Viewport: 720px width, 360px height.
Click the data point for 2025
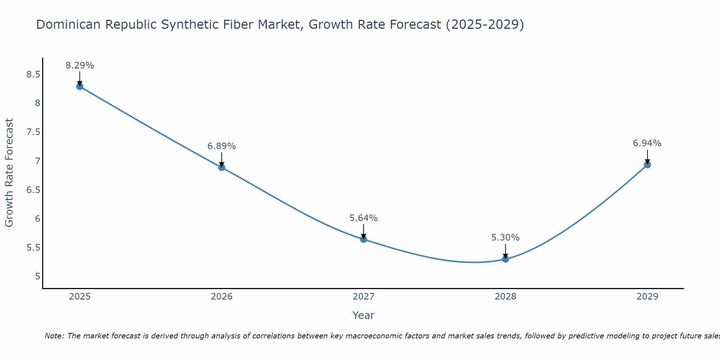[x=80, y=86]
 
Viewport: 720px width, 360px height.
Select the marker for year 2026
[x=222, y=167]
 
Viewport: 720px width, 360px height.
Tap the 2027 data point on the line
[x=364, y=239]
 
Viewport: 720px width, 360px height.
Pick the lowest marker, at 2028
[x=505, y=259]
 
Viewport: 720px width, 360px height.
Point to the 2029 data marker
[x=647, y=165]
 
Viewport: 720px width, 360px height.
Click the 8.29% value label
[x=80, y=66]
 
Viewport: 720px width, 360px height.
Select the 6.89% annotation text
[x=222, y=146]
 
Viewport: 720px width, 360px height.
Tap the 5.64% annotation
[x=364, y=218]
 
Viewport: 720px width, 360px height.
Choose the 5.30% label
[x=505, y=238]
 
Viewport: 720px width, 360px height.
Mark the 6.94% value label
[x=647, y=143]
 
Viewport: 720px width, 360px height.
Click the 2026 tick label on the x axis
[x=222, y=297]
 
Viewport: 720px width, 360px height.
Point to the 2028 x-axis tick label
[x=505, y=297]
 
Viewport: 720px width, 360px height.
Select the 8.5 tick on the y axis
[x=33, y=75]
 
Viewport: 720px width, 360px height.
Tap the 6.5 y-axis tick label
[x=33, y=190]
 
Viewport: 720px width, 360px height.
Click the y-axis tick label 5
[x=37, y=276]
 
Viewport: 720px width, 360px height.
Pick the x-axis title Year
[x=364, y=315]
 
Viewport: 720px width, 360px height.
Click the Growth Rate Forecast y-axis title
[x=9, y=173]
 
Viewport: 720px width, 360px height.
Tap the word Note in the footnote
[x=54, y=336]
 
